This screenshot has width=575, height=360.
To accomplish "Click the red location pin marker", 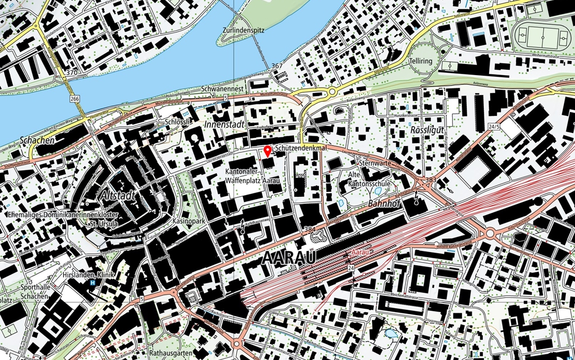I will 267,151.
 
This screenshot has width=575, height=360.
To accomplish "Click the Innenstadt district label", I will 225,125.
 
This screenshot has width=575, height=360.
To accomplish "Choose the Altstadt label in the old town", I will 118,197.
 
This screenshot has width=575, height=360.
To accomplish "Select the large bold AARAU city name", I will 289,259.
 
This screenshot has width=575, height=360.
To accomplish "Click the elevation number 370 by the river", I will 72,73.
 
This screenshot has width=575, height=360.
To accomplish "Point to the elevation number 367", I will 277,66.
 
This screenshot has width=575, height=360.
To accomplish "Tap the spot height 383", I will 430,181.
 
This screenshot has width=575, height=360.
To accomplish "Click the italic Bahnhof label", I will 384,204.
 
